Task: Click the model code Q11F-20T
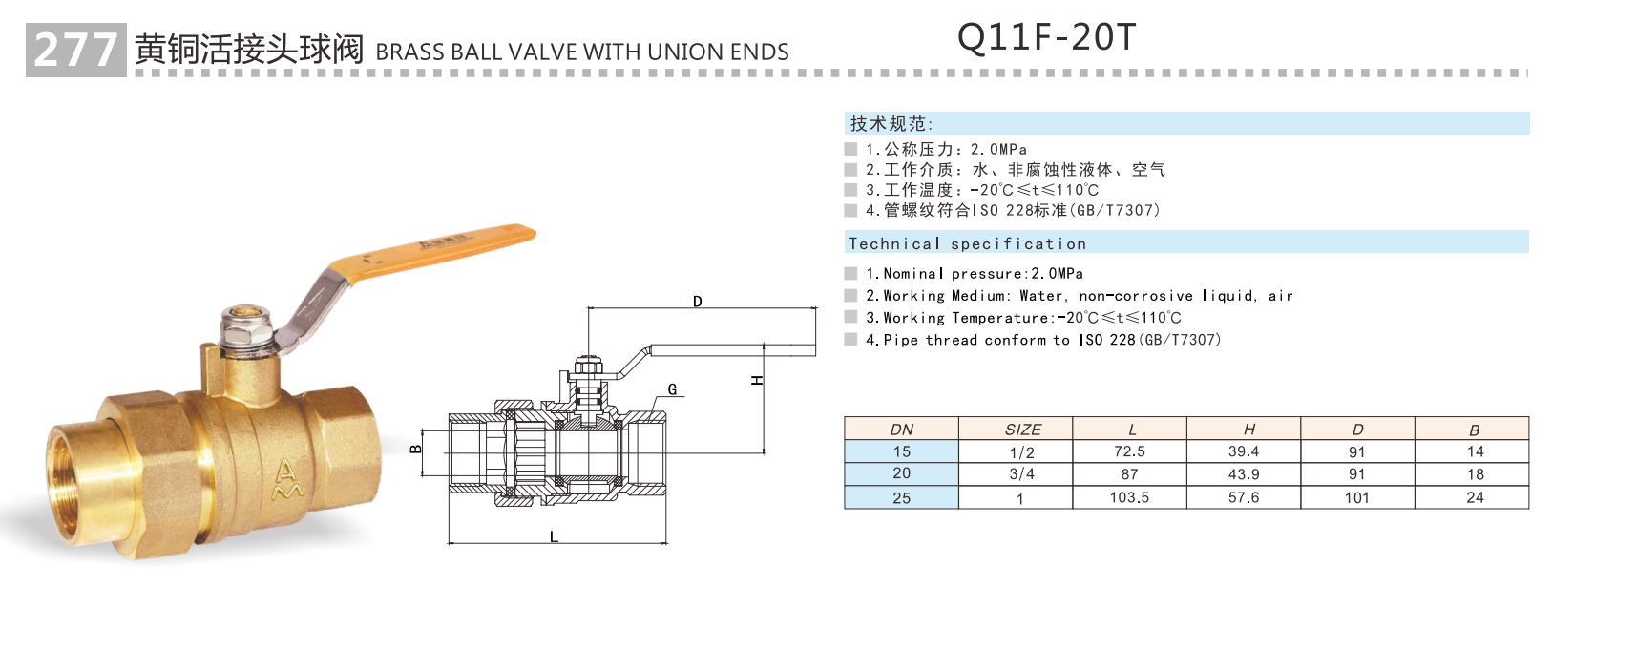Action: (1046, 37)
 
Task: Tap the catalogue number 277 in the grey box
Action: (75, 50)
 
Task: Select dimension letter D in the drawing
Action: (698, 302)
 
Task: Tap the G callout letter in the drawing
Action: (672, 389)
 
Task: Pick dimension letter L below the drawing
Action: (554, 537)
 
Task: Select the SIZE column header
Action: (1022, 430)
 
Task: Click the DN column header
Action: (901, 430)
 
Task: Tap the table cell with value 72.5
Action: (1129, 451)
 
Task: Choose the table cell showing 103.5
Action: (1129, 497)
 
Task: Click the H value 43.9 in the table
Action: (1244, 474)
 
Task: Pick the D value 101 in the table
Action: (1356, 497)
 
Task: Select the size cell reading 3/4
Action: (1021, 474)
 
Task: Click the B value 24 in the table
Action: (1475, 497)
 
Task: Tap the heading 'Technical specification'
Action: (967, 243)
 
